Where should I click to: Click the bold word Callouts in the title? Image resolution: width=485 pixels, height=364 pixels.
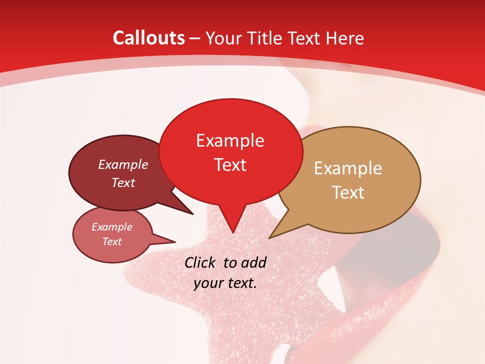tap(149, 38)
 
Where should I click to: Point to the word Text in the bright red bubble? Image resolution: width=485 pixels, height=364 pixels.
tap(230, 165)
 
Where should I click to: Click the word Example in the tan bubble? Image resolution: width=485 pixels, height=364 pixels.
tap(348, 168)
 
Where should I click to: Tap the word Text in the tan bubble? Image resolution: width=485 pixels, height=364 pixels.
tap(348, 193)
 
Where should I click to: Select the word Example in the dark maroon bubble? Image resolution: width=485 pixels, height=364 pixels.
tap(123, 164)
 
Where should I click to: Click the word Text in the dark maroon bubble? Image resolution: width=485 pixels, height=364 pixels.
tap(123, 183)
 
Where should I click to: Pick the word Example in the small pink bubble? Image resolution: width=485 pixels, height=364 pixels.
tap(112, 227)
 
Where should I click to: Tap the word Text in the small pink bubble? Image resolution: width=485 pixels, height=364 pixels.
tap(112, 242)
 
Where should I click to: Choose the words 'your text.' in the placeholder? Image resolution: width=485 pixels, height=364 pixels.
tap(225, 283)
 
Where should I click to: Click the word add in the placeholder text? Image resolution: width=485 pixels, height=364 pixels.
tap(254, 262)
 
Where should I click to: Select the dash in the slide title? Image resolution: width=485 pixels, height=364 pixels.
tap(195, 38)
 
